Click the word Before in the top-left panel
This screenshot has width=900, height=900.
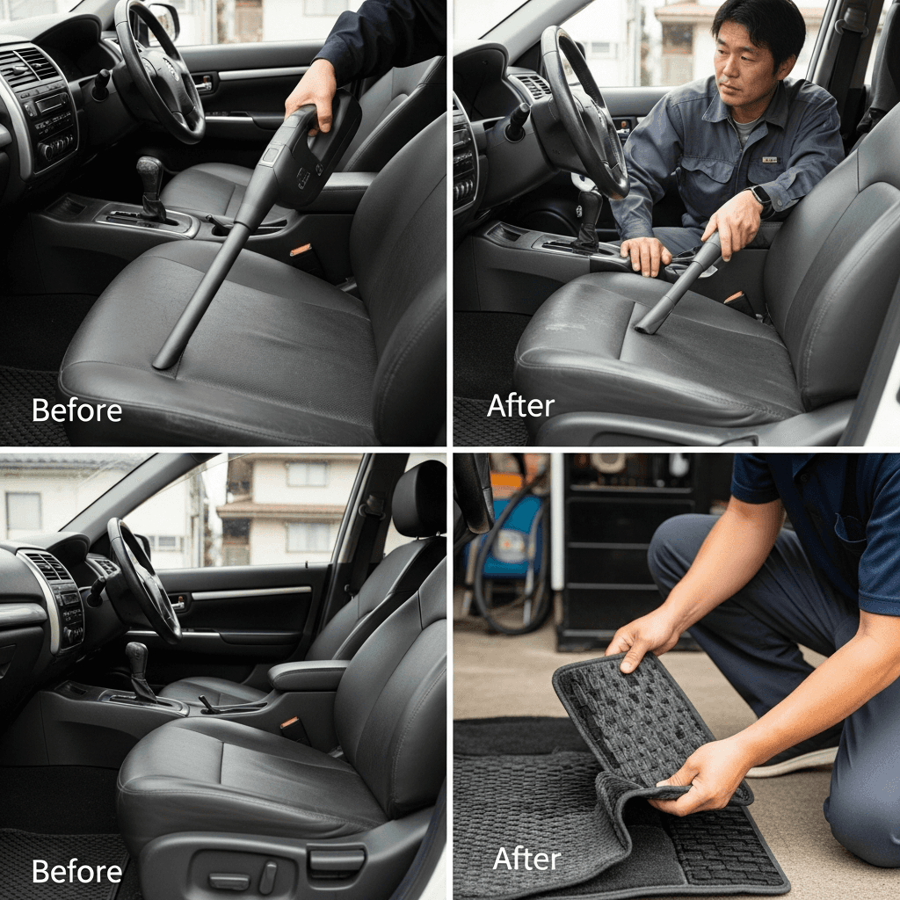(77, 410)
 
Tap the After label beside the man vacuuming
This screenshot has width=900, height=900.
(520, 405)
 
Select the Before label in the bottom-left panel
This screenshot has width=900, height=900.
(77, 871)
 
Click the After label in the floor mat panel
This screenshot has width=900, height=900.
(526, 859)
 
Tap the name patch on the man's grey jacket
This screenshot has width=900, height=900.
(770, 160)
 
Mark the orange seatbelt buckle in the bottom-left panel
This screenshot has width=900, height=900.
(290, 722)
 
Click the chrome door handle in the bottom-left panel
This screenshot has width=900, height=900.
(179, 603)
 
